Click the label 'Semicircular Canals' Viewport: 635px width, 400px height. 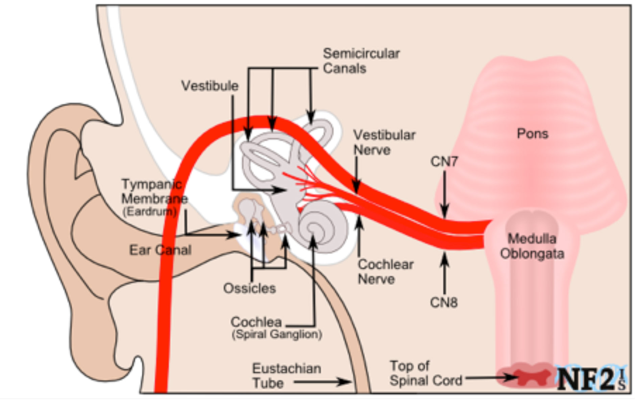361,61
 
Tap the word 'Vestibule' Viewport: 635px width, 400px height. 210,86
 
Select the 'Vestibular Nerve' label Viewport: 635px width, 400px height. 384,142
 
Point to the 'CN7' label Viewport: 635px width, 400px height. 444,162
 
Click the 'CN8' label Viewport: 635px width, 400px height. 443,302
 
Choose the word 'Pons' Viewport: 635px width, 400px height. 532,134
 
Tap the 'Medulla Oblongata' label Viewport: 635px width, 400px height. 532,246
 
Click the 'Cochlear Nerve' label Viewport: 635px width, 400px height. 385,272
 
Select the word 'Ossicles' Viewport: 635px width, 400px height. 249,288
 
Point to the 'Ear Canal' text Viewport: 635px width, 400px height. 160,250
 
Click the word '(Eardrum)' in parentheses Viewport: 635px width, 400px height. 149,212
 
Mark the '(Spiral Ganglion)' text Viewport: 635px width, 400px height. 276,334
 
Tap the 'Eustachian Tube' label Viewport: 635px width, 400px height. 286,376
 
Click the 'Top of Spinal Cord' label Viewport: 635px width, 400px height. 425,373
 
